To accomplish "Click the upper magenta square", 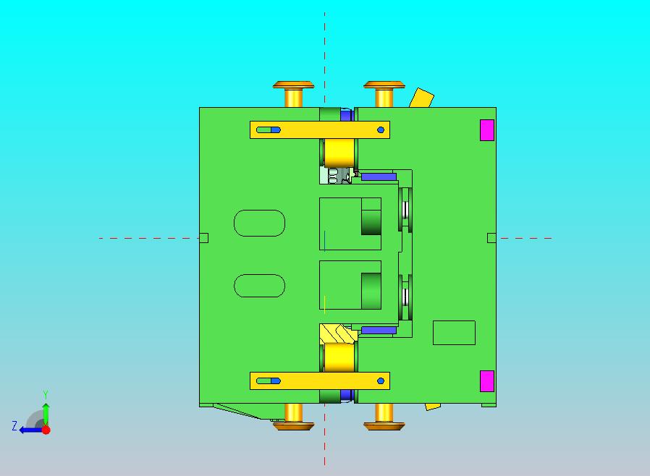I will click(x=487, y=129).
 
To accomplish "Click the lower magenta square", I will click(x=487, y=381).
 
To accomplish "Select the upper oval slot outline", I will click(x=259, y=223).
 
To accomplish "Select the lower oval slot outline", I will click(x=259, y=285).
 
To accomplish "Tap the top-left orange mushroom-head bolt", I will click(x=293, y=87).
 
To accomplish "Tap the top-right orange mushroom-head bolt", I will click(x=384, y=87).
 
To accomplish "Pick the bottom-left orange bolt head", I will click(x=293, y=425).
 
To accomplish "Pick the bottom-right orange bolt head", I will click(x=384, y=425).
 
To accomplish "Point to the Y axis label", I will click(x=46, y=394).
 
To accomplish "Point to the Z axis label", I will click(x=14, y=426).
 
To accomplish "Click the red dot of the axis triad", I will click(x=46, y=430).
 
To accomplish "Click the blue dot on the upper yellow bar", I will click(x=381, y=130).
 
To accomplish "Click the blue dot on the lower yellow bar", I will click(x=381, y=381).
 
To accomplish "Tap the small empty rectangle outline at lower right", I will click(x=454, y=333).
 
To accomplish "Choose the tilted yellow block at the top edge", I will click(x=421, y=98).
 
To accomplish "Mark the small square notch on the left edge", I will click(x=203, y=238).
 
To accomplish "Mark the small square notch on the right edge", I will click(x=491, y=238).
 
